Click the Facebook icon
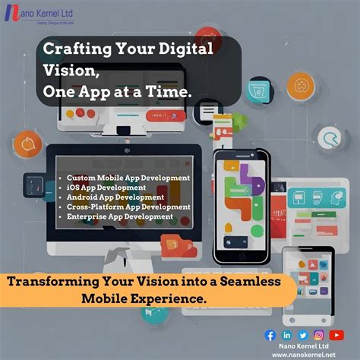[x=270, y=334]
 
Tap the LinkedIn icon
[x=287, y=334]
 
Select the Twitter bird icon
[x=303, y=334]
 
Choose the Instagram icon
[x=320, y=334]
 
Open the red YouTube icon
[x=336, y=334]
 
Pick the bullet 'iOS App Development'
[x=106, y=187]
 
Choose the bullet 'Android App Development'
[x=115, y=197]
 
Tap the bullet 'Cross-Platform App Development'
[x=128, y=207]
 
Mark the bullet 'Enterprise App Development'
[x=119, y=216]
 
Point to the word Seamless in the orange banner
[x=242, y=282]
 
